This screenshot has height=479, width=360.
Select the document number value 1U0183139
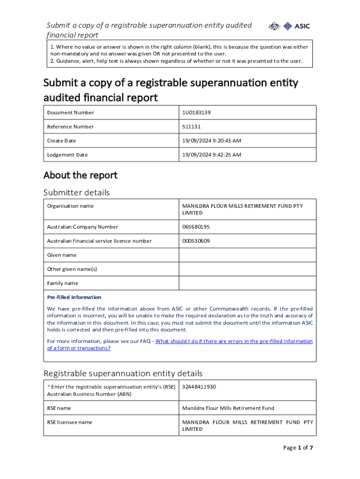click(x=200, y=113)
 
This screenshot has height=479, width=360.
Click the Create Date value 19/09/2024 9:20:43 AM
click(x=211, y=141)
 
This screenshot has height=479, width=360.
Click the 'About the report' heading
click(x=80, y=175)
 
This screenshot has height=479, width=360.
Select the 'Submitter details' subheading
click(x=77, y=192)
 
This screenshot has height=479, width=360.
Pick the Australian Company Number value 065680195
click(x=196, y=227)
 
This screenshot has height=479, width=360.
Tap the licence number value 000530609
click(x=196, y=241)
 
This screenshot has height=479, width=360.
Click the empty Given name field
click(x=247, y=255)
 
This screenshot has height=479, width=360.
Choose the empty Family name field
click(x=247, y=283)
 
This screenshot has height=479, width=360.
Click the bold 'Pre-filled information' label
click(x=74, y=298)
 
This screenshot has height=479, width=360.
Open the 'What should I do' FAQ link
click(x=234, y=341)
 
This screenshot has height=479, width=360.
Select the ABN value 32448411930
click(x=199, y=387)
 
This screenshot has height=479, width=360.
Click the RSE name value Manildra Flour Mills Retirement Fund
click(x=228, y=408)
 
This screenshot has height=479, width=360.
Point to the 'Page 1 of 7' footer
click(x=298, y=448)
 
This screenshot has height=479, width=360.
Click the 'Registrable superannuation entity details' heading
click(x=123, y=373)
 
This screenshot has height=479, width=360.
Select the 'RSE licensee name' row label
click(x=70, y=422)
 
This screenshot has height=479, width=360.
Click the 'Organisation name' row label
click(x=70, y=206)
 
